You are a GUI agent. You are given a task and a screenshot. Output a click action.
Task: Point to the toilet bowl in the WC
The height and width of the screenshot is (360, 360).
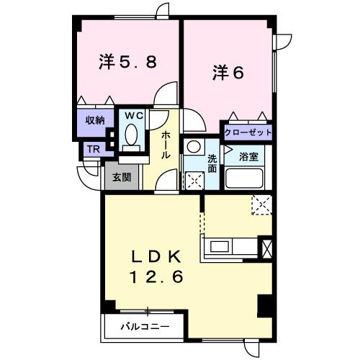pyautogui.click(x=131, y=134)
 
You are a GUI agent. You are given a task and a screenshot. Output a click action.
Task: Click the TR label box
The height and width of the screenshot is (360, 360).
pyautogui.click(x=93, y=149)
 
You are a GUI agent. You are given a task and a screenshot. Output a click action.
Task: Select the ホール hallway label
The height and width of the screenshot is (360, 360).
pyautogui.click(x=166, y=144)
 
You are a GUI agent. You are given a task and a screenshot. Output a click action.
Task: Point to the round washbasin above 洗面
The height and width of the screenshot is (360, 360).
pyautogui.click(x=193, y=147)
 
